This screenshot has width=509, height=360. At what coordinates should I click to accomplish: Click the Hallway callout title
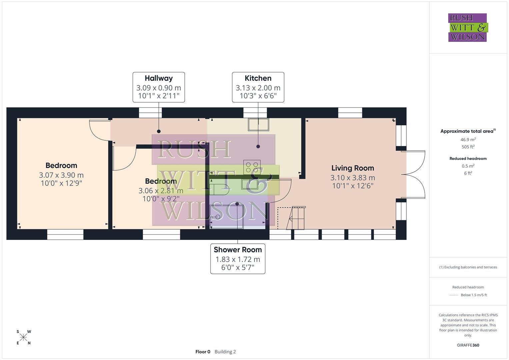coord(159,78)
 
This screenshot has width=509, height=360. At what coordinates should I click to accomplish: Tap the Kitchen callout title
coord(258,78)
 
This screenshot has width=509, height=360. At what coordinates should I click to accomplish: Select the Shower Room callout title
coord(238,250)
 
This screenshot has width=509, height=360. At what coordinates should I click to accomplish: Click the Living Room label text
coord(353,168)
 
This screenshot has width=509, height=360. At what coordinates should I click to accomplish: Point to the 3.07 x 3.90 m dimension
coord(61,175)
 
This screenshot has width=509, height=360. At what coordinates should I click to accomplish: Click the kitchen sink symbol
coord(258,124)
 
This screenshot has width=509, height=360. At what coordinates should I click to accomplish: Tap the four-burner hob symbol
coord(252,167)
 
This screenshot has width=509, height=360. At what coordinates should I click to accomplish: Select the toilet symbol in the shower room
coord(219,189)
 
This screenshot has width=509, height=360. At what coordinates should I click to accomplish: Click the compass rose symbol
coord(23,337)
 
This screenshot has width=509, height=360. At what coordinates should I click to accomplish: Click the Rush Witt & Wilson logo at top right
coord(467,28)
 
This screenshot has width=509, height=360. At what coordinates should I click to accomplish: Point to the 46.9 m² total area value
coord(468,140)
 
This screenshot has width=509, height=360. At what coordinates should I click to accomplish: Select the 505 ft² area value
coord(468,147)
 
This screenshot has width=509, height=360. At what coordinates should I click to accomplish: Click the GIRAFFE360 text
coord(468,345)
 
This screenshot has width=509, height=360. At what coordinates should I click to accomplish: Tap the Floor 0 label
coord(203,352)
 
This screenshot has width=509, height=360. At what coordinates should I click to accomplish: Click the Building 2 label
coord(225,352)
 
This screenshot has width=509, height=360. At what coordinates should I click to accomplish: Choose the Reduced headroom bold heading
coord(468,159)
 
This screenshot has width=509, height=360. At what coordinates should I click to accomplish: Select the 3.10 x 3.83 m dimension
coord(353,178)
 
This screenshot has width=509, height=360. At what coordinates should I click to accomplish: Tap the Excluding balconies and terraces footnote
coord(468,267)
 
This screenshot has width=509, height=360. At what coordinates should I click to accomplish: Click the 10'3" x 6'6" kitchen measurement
coord(258,96)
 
